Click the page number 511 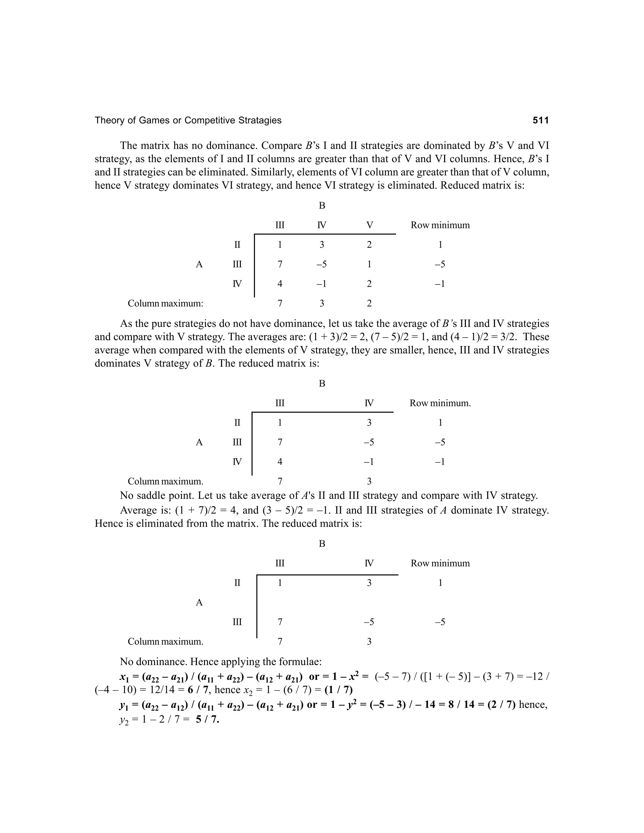click(540, 120)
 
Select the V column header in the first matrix click(369, 225)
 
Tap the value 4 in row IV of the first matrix click(280, 284)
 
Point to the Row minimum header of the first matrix click(440, 225)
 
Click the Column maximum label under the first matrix click(165, 304)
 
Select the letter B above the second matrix click(322, 383)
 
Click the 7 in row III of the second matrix click(280, 442)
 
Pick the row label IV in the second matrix click(237, 462)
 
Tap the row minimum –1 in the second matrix click(440, 462)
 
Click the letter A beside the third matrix click(199, 603)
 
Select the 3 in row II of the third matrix click(369, 583)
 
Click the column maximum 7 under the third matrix click(280, 642)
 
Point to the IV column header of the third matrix click(369, 563)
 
